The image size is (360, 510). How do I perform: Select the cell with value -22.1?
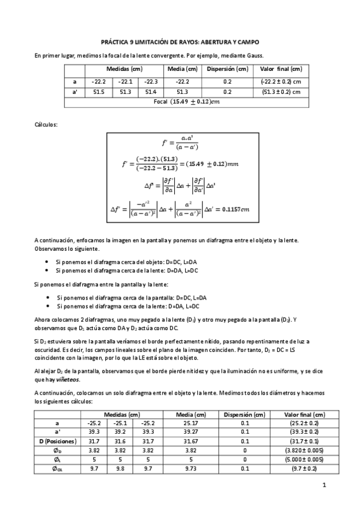point(125,81)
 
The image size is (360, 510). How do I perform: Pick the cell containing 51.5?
point(99,91)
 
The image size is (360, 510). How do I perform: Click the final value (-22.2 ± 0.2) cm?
point(281,81)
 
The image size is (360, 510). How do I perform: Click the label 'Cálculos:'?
point(46,124)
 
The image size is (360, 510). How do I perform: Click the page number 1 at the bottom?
point(324,485)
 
